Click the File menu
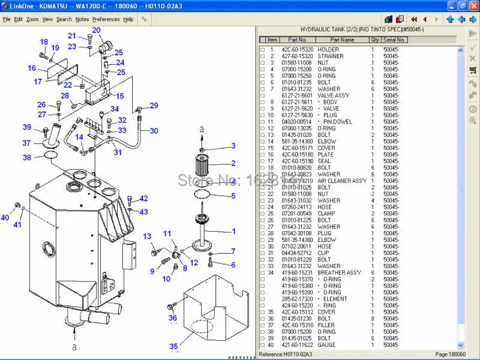pyautogui.click(x=7, y=19)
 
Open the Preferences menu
pyautogui.click(x=106, y=19)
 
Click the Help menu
pyautogui.click(x=128, y=19)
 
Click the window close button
pyautogui.click(x=472, y=5)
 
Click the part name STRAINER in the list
pyautogui.click(x=331, y=56)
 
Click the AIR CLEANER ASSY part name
pyautogui.click(x=342, y=181)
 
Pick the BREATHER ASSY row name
pyautogui.click(x=340, y=272)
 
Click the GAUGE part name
pyautogui.click(x=327, y=345)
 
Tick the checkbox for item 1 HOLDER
pyautogui.click(x=262, y=49)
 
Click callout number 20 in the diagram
pyautogui.click(x=96, y=30)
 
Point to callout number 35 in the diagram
pyautogui.click(x=173, y=346)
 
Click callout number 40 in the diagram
pyautogui.click(x=5, y=218)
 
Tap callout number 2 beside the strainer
pyautogui.click(x=233, y=163)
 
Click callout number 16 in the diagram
pyautogui.click(x=32, y=68)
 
